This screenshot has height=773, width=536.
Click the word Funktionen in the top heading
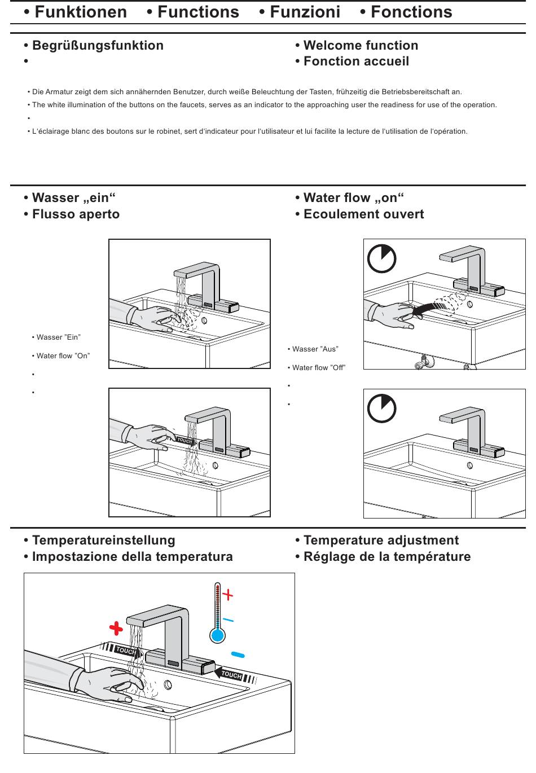(x=81, y=12)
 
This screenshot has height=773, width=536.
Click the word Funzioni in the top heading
(x=305, y=12)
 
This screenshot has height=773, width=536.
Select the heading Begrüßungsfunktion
(x=98, y=46)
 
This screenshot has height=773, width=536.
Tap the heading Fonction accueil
(x=356, y=62)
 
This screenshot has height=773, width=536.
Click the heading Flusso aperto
(x=76, y=214)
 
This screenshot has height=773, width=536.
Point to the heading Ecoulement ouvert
(x=363, y=214)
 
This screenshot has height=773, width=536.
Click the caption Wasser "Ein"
(x=58, y=337)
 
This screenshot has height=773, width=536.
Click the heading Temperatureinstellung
(x=103, y=541)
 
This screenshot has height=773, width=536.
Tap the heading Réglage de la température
(x=386, y=557)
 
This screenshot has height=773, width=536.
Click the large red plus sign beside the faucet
(x=116, y=629)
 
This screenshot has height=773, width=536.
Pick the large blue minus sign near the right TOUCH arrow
(x=238, y=655)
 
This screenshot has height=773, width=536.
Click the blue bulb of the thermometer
(x=217, y=636)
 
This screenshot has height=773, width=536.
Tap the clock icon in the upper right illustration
(x=381, y=259)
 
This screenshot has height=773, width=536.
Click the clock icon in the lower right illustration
(x=381, y=409)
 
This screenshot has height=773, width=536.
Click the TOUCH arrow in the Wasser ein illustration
(x=186, y=441)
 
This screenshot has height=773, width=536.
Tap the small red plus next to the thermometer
(x=227, y=594)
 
